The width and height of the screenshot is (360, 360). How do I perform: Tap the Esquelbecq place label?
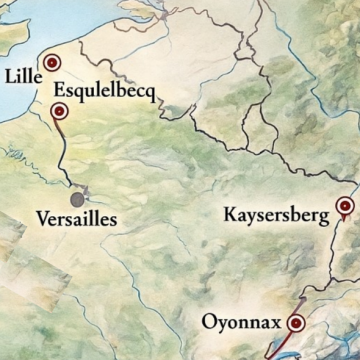(105, 90)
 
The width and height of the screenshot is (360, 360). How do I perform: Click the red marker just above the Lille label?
(43, 62)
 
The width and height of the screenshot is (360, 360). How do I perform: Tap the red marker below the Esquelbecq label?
(59, 112)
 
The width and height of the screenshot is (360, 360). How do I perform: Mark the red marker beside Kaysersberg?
(345, 207)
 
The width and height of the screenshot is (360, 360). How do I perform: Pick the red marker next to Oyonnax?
(296, 323)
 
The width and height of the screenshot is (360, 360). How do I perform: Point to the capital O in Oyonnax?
(208, 322)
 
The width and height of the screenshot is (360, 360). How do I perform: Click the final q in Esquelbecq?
(148, 93)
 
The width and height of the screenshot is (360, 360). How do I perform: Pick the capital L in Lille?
(10, 74)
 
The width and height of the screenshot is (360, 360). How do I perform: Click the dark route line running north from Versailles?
(65, 160)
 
